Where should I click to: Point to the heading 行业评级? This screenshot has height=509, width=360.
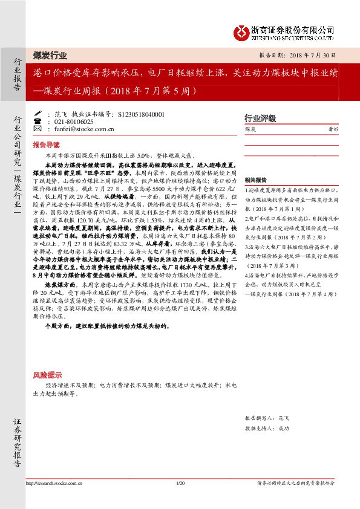(260, 118)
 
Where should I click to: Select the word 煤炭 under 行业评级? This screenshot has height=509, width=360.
(250, 129)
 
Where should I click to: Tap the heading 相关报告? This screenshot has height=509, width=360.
(256, 180)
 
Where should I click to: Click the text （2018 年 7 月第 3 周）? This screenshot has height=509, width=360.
(276, 248)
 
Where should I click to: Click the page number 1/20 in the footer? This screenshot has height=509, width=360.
(179, 483)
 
